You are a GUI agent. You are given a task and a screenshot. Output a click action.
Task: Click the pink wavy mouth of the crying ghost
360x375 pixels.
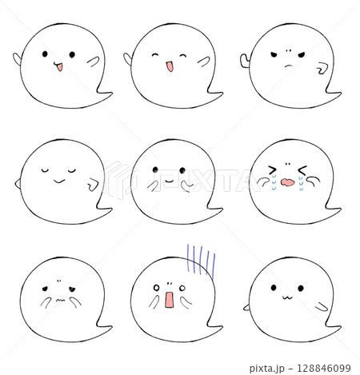coord(287,182)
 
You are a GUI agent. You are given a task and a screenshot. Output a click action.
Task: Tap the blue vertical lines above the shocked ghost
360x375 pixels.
coord(201,260)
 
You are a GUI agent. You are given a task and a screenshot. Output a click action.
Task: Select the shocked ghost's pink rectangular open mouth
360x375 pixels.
coord(169,300)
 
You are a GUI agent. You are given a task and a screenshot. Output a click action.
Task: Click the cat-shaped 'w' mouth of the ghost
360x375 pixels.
coord(288,297)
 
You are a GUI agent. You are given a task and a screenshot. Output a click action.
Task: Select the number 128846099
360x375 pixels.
coord(324,368)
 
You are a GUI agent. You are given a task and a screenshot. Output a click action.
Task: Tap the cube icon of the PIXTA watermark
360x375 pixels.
coord(118,180)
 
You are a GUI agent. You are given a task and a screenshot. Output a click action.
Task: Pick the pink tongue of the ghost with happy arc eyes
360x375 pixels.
coord(170,67)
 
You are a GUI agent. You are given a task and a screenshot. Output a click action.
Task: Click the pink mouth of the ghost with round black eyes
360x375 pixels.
coord(59,66)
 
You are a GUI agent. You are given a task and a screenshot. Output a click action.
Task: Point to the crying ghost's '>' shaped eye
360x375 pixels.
coord(272,170)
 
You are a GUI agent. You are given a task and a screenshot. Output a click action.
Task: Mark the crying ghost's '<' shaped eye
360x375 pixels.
coord(302,170)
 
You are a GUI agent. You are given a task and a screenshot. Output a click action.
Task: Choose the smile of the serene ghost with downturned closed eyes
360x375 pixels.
coord(59,182)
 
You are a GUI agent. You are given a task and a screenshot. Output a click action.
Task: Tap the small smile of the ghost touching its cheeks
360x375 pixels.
coord(170,181)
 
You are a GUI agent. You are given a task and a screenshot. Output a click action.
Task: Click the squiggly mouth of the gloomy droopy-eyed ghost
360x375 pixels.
coord(60,301)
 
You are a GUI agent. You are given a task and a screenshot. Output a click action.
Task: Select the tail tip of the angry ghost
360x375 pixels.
coord(341,93)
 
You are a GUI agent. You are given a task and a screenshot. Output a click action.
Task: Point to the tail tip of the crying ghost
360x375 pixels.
coord(341,209)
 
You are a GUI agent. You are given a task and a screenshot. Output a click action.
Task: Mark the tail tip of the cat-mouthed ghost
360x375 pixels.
coord(341,326)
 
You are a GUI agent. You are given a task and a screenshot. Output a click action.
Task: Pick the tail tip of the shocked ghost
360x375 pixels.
coord(222,326)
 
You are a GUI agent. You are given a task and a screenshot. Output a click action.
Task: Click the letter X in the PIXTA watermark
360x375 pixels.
coord(199,180)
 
